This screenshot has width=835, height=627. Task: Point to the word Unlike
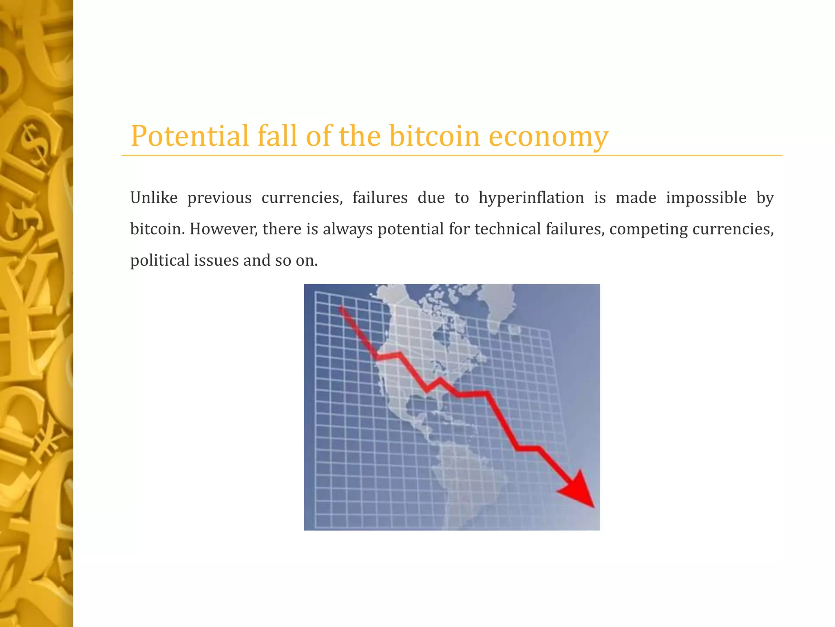coord(154,198)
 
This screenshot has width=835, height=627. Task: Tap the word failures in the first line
coord(380,198)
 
